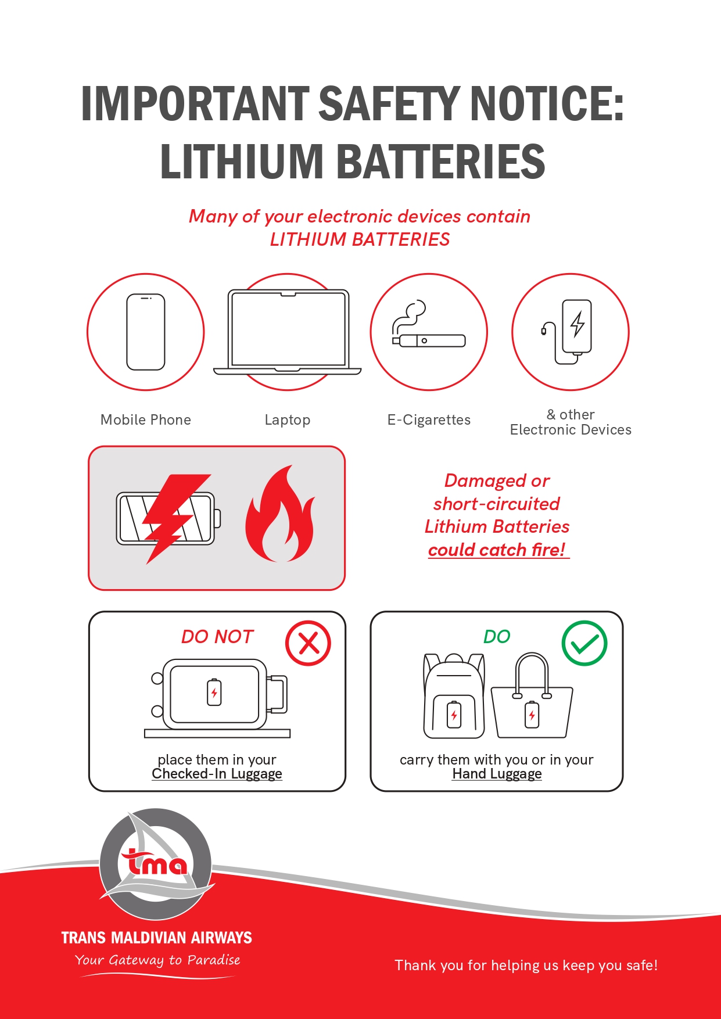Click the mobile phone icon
point(146,332)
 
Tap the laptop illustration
point(287,331)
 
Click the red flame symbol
point(280,514)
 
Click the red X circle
point(308,643)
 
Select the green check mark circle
point(584,643)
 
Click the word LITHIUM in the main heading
point(241,162)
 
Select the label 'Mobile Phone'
point(146,419)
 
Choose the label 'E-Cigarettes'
point(429,419)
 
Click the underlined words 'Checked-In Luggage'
point(217,774)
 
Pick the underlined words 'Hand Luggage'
point(497,774)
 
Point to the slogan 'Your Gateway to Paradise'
point(157,960)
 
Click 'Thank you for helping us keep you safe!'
point(526,966)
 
